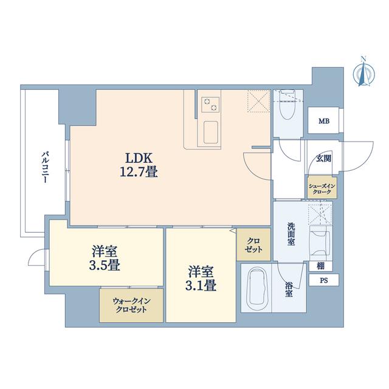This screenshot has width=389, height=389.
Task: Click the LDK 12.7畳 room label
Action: pos(139,164)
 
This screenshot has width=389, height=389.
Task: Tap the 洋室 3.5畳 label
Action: pos(105,258)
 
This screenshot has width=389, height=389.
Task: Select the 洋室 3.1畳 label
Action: pos(201,278)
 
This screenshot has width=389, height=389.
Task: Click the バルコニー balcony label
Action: pos(44,167)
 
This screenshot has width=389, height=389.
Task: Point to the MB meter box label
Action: pos(324,122)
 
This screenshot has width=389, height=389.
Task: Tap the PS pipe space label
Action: pos(324,280)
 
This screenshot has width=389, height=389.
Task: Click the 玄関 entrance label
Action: pos(323,158)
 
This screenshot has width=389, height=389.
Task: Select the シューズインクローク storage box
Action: pos(322,188)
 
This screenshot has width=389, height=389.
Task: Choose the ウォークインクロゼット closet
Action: pos(131,305)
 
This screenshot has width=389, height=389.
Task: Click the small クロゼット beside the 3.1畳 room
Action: pos(253,244)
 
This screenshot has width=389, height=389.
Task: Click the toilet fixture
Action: pos(288,105)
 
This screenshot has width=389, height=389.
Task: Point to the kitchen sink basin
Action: pos(211,133)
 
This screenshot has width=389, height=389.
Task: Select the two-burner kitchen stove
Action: pos(211,105)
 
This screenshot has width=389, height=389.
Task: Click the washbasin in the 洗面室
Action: pos(320,243)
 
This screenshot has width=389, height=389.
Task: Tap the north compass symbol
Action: pos(363,72)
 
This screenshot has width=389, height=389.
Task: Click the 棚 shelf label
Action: pos(320,266)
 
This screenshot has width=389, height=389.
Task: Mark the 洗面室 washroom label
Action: pos(291,234)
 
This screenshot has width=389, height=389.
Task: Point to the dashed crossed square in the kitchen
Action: pos(258,101)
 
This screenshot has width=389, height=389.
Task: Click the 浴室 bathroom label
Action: pos(289,289)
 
